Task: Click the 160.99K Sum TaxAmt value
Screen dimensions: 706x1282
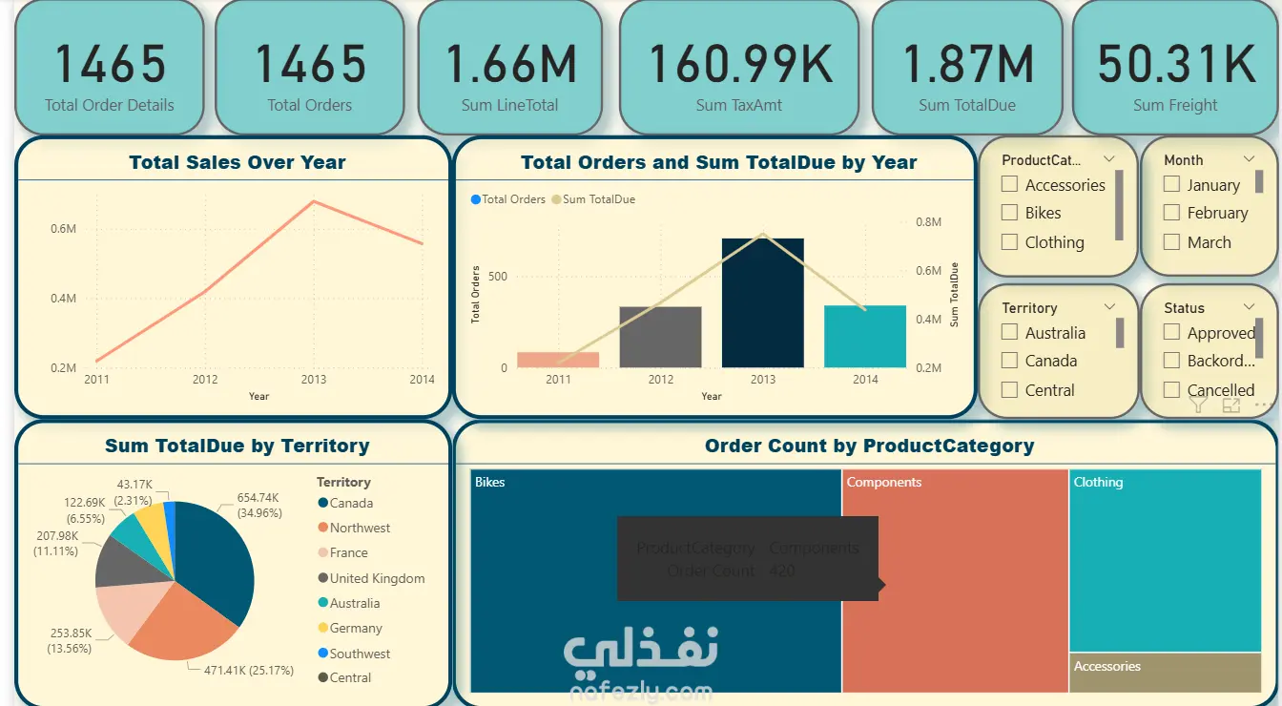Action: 739,64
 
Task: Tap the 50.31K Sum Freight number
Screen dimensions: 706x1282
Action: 1175,64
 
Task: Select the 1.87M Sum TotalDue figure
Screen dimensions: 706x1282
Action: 967,64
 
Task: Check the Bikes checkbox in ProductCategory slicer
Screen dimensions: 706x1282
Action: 1010,213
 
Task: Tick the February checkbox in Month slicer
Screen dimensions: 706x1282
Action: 1172,213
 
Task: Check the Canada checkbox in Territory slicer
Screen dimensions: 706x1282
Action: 1010,361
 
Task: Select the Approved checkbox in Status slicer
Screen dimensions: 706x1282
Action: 1172,333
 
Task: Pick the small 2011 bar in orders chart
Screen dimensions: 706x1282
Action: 558,360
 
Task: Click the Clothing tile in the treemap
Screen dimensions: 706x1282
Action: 1165,563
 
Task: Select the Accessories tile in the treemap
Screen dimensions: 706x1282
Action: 1165,673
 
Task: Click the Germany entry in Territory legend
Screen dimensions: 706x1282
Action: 355,628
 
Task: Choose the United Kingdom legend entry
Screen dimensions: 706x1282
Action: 376,578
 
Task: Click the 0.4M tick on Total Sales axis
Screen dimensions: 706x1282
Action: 64,299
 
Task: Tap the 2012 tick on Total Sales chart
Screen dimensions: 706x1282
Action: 205,379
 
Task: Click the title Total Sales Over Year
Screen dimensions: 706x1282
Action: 238,162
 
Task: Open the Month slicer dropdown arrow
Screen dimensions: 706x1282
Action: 1250,159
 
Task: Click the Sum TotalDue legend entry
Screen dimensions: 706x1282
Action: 597,199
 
